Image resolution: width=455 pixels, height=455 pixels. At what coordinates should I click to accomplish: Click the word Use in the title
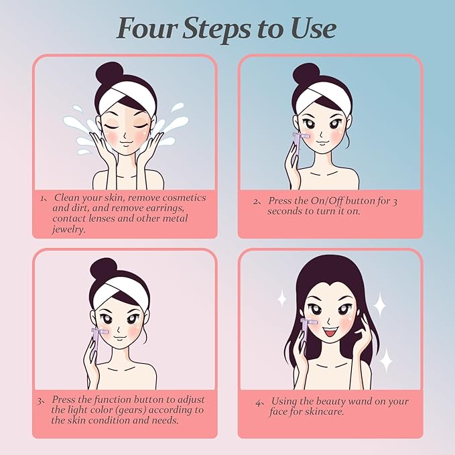[314, 28]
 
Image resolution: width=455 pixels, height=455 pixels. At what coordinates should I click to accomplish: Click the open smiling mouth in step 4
[329, 332]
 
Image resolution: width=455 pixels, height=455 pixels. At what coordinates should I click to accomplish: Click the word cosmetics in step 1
[184, 198]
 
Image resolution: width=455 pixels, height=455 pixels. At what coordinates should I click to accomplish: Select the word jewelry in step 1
[69, 230]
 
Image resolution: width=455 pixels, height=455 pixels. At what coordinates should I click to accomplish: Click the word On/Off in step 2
[327, 201]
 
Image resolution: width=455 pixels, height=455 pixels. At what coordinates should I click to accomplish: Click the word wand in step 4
[359, 401]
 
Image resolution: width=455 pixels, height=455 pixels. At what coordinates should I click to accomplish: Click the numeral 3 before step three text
[39, 401]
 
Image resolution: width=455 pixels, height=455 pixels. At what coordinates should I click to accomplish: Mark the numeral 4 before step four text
[259, 403]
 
